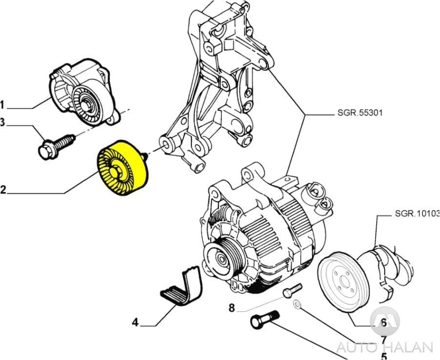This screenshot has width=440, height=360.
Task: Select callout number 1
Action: tap(2, 104)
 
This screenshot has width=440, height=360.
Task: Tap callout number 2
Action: tap(3, 189)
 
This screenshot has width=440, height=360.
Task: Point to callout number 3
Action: tap(2, 123)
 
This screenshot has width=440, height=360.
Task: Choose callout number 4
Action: tap(135, 322)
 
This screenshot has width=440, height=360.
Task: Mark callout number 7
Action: tap(384, 340)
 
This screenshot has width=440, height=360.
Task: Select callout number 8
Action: tap(232, 308)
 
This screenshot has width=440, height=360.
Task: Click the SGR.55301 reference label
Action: tap(360, 113)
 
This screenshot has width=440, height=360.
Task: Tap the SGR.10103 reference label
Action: tap(417, 214)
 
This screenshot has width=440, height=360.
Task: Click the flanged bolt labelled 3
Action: tap(55, 145)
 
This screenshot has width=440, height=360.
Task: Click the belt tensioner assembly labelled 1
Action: tap(84, 96)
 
